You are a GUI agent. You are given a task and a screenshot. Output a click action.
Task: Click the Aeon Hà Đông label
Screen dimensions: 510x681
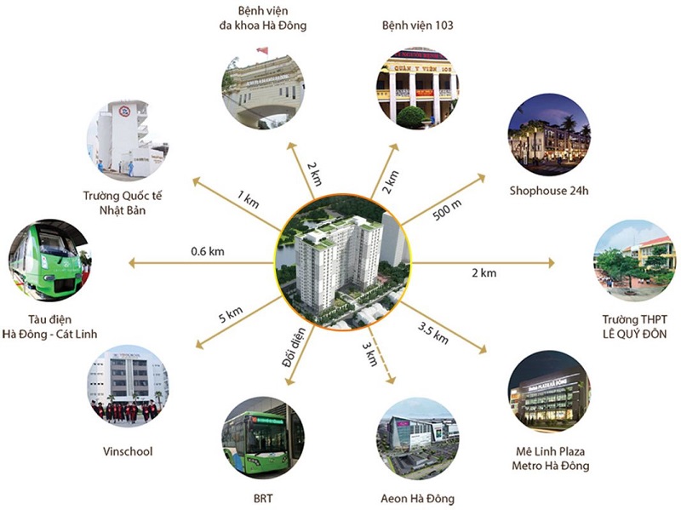[417, 498]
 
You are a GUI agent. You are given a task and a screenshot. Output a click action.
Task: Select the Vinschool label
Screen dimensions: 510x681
[127, 451]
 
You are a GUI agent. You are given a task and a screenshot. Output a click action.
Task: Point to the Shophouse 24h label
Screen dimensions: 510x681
[549, 190]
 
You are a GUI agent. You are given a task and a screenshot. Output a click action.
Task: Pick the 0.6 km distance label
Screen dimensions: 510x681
[207, 251]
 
